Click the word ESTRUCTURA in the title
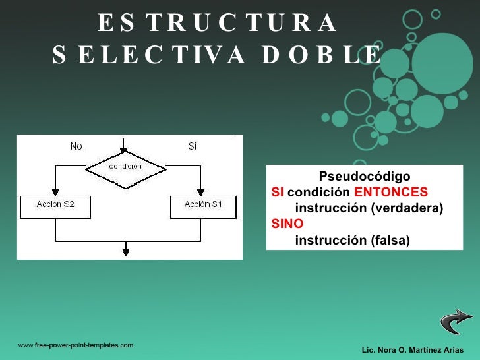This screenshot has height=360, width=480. (x=218, y=23)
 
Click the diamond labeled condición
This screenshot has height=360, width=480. (x=125, y=167)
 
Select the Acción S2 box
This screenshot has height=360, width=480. (x=55, y=205)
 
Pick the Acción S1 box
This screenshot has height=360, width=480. (x=203, y=205)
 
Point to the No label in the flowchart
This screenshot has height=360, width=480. (x=76, y=146)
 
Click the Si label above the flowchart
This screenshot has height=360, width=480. (x=192, y=146)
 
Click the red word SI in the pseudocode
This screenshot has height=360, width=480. (x=278, y=193)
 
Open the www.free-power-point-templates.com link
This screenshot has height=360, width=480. (x=75, y=345)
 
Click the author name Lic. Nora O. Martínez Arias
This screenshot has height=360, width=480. (x=413, y=349)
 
